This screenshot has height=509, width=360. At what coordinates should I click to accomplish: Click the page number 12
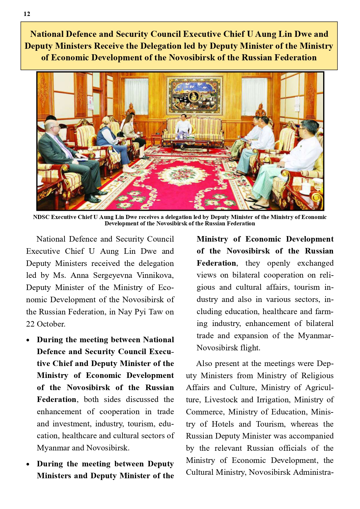coord(27,14)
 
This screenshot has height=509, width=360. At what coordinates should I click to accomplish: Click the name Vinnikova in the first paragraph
coord(155,275)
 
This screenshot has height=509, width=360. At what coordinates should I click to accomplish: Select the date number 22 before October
coord(30,324)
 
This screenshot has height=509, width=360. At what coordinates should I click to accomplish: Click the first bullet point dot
coord(28,340)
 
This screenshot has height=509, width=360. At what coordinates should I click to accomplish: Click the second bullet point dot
coord(28,464)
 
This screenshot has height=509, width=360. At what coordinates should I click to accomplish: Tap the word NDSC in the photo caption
coord(41,217)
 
